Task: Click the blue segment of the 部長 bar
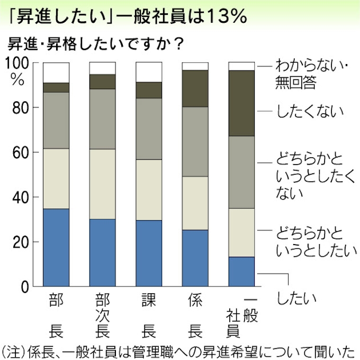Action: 56,247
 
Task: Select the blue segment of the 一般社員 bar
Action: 241,272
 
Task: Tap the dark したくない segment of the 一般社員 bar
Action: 241,103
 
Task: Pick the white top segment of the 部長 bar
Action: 56,72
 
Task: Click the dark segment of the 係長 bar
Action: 195,88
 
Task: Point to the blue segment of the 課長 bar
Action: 149,253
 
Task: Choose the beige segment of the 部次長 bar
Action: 102,184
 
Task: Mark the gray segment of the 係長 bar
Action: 195,141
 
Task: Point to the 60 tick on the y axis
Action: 21,152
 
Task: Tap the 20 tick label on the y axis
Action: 21,242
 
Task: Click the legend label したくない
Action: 310,111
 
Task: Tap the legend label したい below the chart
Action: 296,298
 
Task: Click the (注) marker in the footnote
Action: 12,349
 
